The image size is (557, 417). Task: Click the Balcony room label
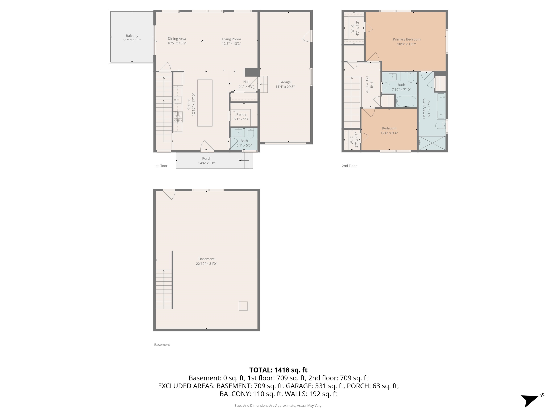tap(132, 36)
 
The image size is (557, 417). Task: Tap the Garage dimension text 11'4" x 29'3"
tap(285, 87)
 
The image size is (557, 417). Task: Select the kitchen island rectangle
tap(205, 103)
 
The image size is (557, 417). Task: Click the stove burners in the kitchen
tap(178, 117)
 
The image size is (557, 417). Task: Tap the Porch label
tap(207, 158)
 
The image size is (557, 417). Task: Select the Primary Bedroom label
tap(407, 39)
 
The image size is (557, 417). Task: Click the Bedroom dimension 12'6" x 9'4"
tap(389, 133)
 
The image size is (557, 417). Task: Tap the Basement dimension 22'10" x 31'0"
tap(207, 264)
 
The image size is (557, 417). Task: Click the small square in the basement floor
tap(243, 306)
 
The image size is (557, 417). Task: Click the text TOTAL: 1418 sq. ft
tap(278, 370)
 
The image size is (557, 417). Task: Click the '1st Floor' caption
tap(161, 166)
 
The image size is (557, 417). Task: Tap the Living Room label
tap(231, 39)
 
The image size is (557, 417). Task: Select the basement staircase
tap(164, 289)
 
